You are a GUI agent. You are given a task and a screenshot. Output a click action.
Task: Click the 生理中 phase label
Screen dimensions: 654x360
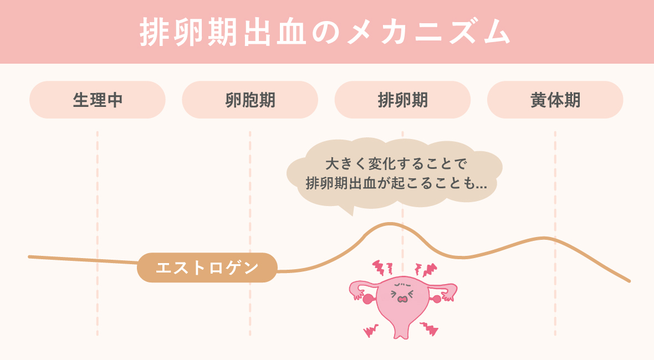point(98,100)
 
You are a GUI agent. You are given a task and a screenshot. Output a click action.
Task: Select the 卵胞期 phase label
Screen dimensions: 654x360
point(250,100)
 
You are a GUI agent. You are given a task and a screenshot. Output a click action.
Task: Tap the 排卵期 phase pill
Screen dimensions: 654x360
point(402,100)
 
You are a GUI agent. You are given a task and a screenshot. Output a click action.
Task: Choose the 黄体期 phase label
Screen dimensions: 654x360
point(555,100)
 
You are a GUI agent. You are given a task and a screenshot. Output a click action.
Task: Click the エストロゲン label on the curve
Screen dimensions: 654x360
point(207,268)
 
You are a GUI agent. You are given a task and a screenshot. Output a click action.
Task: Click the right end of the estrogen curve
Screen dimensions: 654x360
point(629,281)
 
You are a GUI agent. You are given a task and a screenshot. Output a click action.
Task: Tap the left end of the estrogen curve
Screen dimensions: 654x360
point(30,256)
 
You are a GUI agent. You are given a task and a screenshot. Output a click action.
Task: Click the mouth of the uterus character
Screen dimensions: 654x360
point(403,299)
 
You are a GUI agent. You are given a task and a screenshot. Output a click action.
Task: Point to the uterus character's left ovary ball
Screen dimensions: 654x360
point(367,300)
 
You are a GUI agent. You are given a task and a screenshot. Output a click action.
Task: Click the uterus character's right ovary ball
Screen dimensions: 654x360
point(437,300)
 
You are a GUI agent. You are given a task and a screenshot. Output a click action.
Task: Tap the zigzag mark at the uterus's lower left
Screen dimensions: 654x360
point(370,331)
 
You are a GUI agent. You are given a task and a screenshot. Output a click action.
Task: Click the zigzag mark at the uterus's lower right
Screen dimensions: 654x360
point(429,331)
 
